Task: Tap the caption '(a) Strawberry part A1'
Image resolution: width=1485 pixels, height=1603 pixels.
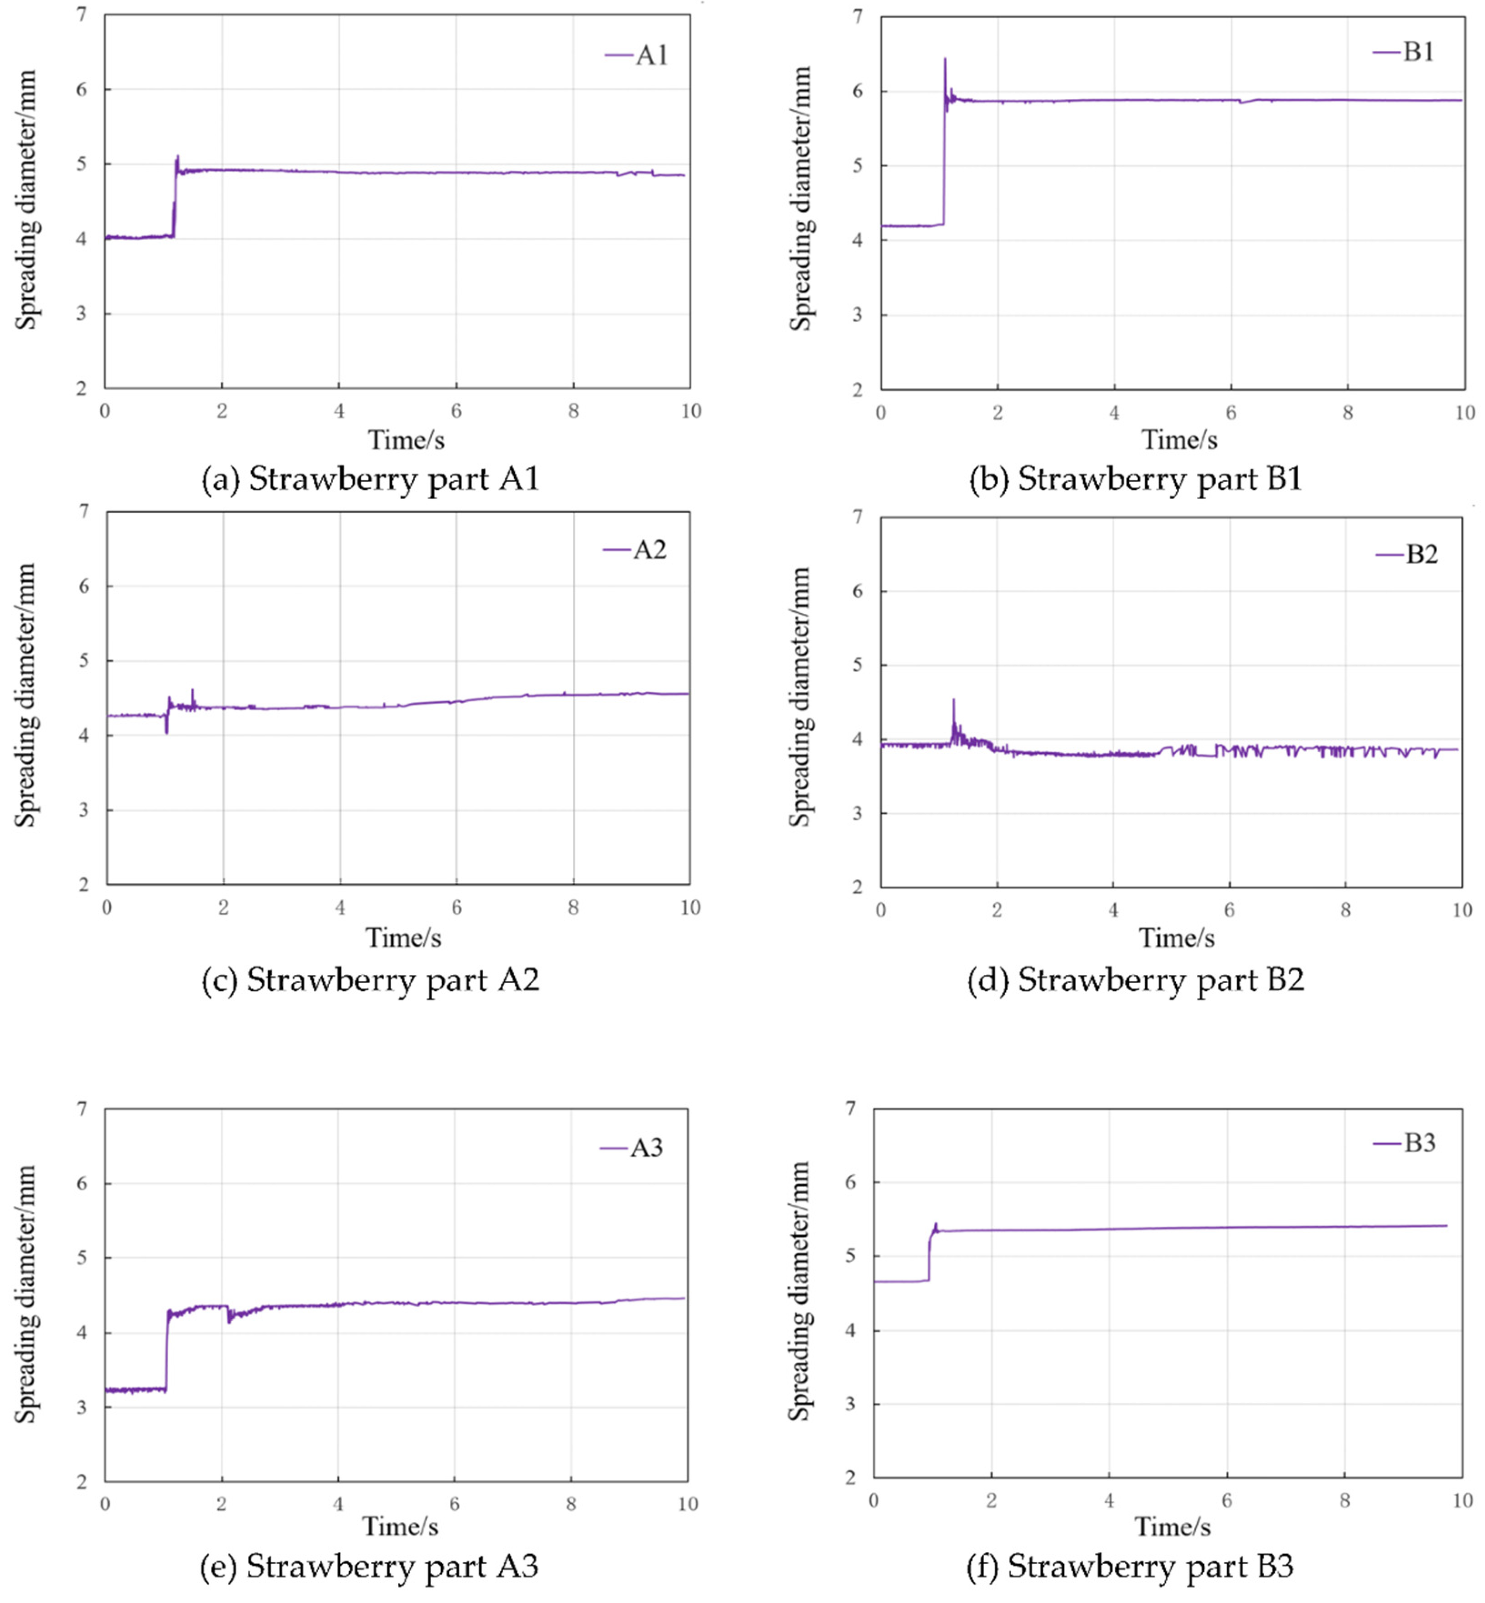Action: point(370,480)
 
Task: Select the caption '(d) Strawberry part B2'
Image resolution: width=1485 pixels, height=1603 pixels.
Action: point(1136,980)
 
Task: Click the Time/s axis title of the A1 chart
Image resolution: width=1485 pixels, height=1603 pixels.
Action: point(406,440)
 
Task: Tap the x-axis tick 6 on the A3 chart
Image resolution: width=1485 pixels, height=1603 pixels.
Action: point(454,1504)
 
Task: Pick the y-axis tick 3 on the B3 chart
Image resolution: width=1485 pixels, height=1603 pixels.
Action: point(850,1404)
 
